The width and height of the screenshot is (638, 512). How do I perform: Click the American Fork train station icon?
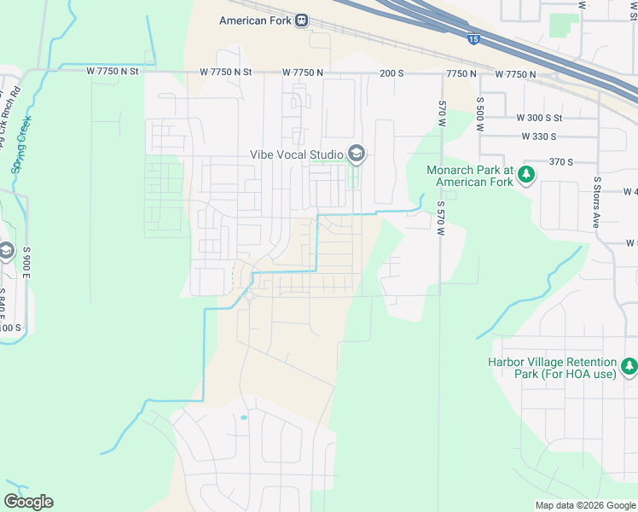[x=301, y=20]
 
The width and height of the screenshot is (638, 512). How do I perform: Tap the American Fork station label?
[x=255, y=20]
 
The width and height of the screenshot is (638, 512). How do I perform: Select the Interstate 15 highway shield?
[x=474, y=38]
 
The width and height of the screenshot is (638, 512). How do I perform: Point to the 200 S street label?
[x=391, y=73]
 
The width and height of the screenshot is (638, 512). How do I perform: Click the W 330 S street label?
[x=538, y=136]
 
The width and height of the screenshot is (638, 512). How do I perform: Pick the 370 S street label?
[x=560, y=160]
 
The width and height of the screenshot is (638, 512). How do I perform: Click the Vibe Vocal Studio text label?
[x=295, y=154]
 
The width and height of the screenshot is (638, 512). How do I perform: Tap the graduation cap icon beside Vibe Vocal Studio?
[x=357, y=154]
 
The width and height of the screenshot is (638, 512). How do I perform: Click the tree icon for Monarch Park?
[x=527, y=175]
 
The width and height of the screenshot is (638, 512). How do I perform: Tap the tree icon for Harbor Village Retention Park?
[x=629, y=367]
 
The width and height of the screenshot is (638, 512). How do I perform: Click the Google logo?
[x=28, y=502]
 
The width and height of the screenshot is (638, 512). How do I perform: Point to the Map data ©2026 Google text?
[x=584, y=505]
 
